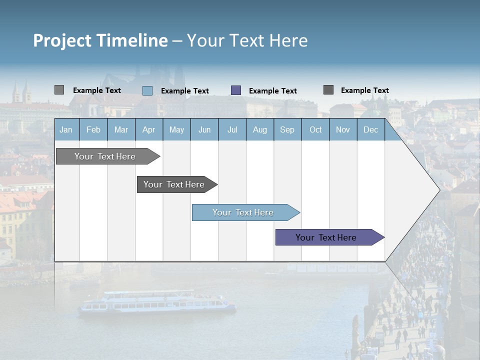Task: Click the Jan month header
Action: (x=66, y=130)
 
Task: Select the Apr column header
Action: (x=148, y=130)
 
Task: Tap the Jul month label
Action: (x=232, y=130)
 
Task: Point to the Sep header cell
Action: (x=287, y=130)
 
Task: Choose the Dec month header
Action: (x=370, y=130)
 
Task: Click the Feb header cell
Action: (x=93, y=130)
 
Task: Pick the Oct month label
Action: (x=315, y=130)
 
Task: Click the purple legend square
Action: (x=236, y=90)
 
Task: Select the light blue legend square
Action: (x=147, y=90)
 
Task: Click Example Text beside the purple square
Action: (x=273, y=91)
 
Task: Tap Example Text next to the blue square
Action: (x=185, y=91)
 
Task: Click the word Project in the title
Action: (x=62, y=40)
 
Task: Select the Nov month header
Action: (x=343, y=130)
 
